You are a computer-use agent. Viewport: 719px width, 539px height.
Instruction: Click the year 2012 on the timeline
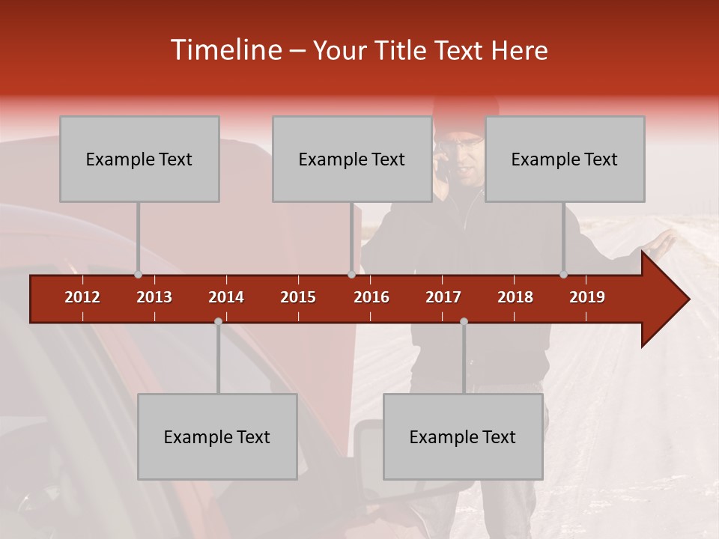click(x=82, y=297)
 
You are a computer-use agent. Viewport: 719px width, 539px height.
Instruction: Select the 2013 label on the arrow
click(x=154, y=297)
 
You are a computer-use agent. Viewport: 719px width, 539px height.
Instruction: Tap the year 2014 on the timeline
click(x=226, y=297)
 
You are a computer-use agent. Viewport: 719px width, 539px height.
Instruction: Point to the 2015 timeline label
click(x=298, y=297)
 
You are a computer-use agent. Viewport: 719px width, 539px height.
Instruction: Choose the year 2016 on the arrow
click(x=371, y=297)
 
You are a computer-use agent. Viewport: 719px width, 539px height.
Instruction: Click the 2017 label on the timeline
click(x=443, y=297)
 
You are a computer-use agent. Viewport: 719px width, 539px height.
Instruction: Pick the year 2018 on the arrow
click(x=515, y=297)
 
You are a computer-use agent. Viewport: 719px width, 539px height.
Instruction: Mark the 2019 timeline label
click(x=587, y=297)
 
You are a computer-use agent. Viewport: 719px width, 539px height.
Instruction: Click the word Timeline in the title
click(x=225, y=50)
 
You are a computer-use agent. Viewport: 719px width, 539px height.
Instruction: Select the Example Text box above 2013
click(x=139, y=159)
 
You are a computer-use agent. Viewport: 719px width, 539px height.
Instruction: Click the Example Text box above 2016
click(x=352, y=159)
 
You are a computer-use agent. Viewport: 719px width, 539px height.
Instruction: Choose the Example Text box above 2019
click(x=565, y=159)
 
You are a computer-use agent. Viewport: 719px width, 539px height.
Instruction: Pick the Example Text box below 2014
click(x=217, y=436)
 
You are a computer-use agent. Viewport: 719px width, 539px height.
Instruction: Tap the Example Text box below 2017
click(x=463, y=436)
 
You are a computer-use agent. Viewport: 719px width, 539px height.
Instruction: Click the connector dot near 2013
click(x=138, y=275)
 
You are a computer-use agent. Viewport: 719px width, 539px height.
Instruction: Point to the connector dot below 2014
click(x=218, y=321)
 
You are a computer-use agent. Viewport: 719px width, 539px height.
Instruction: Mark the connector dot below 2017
click(x=464, y=321)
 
